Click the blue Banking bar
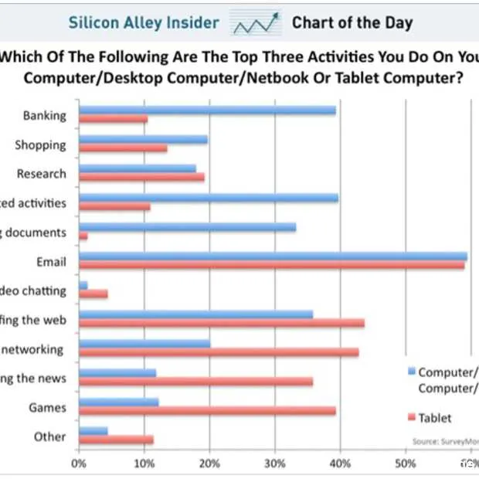point(207,110)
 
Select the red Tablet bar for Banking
point(113,120)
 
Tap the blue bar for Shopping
point(143,140)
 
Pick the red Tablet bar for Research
point(141,178)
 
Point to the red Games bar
point(207,411)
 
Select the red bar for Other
point(116,440)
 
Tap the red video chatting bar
point(93,294)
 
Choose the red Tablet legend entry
point(433,418)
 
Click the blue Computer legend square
point(411,370)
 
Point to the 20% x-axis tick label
point(209,464)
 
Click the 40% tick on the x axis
point(339,464)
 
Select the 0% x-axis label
point(78,464)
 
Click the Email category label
point(50,261)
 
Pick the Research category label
point(41,174)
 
